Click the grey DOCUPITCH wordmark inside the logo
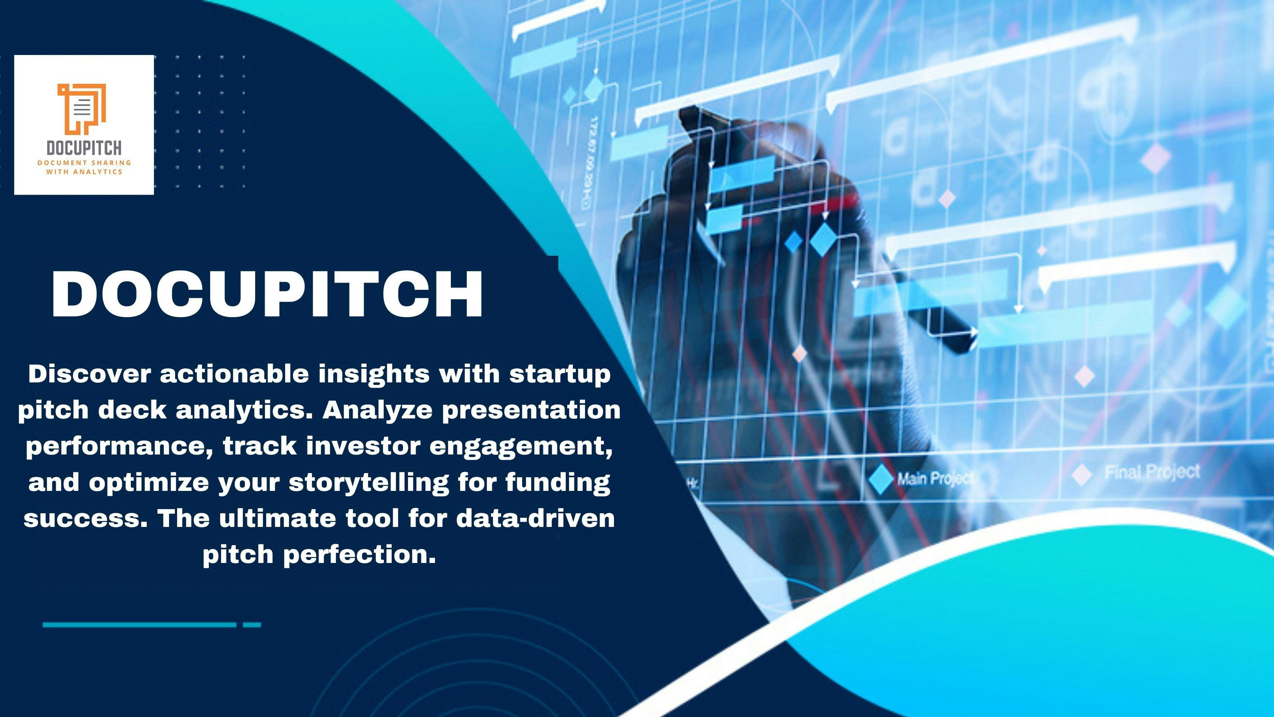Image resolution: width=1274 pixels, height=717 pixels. click(x=84, y=148)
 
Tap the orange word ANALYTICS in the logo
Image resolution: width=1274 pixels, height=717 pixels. click(x=98, y=172)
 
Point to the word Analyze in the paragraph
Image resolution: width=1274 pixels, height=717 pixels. click(x=377, y=410)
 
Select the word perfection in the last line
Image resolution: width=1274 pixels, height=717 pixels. click(x=359, y=554)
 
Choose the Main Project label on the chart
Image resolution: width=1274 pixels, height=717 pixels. click(x=935, y=478)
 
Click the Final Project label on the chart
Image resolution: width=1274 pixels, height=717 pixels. click(x=1152, y=472)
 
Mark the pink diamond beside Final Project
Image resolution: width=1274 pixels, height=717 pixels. click(x=1082, y=474)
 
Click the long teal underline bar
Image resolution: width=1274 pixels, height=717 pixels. click(x=140, y=625)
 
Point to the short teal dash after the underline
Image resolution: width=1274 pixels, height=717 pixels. click(x=252, y=625)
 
